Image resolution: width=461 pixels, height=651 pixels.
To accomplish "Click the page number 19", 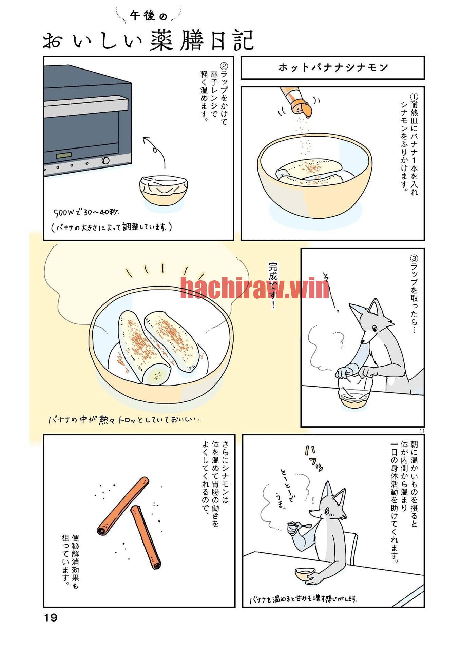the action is pyautogui.click(x=51, y=618).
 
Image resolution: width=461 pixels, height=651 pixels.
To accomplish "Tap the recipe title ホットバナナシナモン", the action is pyautogui.click(x=333, y=67).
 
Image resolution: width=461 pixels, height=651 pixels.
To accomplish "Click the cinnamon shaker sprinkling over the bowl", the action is pyautogui.click(x=296, y=101).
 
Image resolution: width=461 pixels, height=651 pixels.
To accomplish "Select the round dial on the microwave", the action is pyautogui.click(x=105, y=160).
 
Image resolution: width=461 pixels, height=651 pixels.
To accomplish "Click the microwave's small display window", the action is pyautogui.click(x=64, y=155).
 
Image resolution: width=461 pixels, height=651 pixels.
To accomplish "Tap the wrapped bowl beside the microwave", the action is pyautogui.click(x=164, y=190).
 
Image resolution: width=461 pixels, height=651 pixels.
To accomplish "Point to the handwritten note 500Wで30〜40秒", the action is pyautogui.click(x=87, y=212).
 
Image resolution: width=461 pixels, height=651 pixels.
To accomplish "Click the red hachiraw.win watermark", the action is pyautogui.click(x=254, y=288).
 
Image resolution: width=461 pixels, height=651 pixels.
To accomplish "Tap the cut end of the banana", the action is pyautogui.click(x=156, y=374).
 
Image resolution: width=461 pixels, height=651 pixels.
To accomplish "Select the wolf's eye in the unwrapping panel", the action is pyautogui.click(x=374, y=328).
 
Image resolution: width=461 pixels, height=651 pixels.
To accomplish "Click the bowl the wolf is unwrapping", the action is pyautogui.click(x=354, y=393).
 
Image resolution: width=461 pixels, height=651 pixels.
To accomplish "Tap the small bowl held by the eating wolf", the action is pyautogui.click(x=305, y=574).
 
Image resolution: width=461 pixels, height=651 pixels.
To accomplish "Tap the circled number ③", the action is pyautogui.click(x=414, y=259).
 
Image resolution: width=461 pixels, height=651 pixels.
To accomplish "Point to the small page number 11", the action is pyautogui.click(x=422, y=431).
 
